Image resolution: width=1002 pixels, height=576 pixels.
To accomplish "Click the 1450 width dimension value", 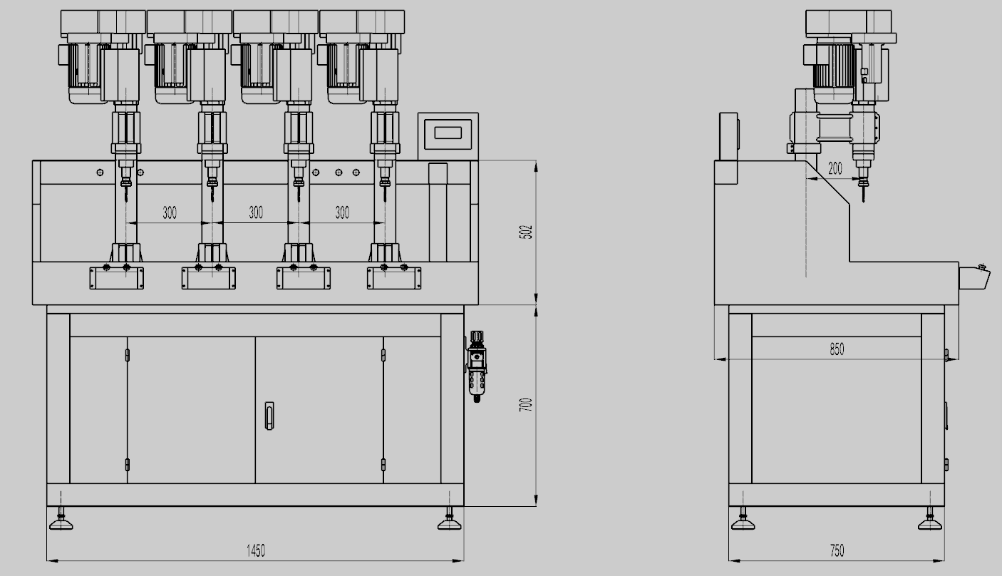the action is point(255,550).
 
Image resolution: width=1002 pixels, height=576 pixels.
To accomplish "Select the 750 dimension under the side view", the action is point(837,550).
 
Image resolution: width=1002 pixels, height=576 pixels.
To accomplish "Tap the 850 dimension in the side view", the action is point(837,349).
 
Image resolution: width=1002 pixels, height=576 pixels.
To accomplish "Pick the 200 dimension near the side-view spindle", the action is point(835,168).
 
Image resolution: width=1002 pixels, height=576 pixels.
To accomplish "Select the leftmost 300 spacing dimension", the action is point(170,212).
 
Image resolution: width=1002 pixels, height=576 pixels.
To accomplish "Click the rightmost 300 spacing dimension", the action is point(342,212).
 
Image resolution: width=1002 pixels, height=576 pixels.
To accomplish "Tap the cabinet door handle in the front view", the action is point(269,416).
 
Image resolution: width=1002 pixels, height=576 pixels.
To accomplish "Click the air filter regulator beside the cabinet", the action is point(476,366).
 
